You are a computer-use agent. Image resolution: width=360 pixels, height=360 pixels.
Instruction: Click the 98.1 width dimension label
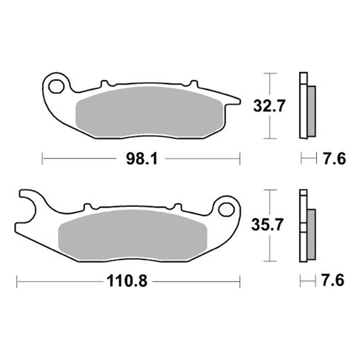142,159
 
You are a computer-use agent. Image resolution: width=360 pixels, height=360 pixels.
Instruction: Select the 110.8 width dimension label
127,281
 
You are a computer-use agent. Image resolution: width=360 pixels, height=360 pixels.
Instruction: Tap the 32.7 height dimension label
269,106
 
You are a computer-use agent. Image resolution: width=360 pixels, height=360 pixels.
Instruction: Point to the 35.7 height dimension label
267,225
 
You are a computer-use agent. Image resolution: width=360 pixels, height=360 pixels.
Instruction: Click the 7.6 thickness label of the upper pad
334,159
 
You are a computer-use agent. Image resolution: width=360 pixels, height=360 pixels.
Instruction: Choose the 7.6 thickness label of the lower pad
333,280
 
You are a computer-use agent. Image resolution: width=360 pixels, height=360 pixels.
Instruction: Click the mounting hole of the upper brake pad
56,86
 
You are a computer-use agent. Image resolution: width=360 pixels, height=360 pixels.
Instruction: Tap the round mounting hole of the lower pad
226,210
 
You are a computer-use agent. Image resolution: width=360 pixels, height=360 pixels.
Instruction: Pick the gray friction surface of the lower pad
133,235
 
